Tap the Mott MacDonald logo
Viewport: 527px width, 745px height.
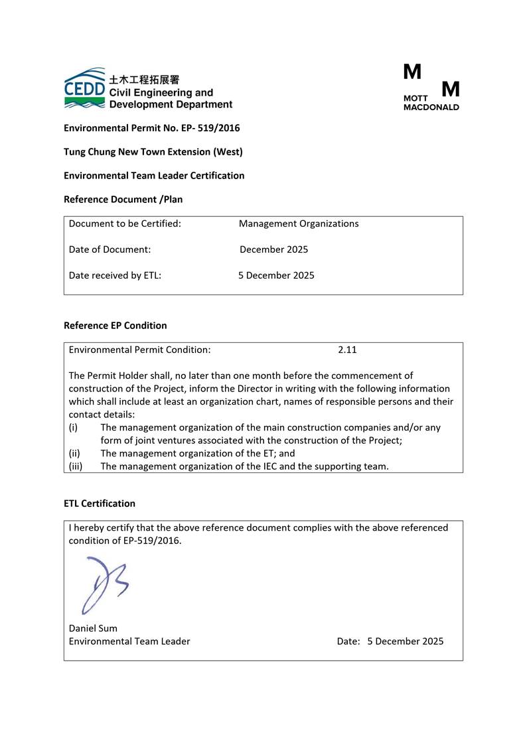[x=431, y=87]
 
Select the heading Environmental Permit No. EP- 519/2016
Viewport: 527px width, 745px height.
[x=151, y=128]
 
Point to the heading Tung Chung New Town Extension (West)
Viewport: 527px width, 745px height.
[x=153, y=152]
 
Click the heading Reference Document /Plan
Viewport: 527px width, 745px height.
[x=123, y=199]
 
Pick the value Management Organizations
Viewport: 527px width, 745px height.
[x=299, y=224]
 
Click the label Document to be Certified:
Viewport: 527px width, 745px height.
[x=125, y=224]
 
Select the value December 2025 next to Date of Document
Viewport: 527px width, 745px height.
[x=273, y=250]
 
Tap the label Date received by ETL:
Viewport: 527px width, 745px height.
[x=115, y=275]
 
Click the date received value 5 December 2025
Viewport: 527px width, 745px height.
[x=276, y=275]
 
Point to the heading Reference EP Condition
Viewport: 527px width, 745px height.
[x=115, y=326]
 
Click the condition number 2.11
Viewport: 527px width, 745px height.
[x=347, y=350]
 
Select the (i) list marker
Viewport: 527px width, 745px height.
[x=73, y=428]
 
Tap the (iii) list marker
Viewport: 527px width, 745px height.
[x=75, y=466]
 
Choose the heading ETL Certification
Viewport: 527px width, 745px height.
[x=100, y=504]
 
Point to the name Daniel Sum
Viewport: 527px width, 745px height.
[x=93, y=628]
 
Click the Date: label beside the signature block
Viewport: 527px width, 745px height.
[x=348, y=642]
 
